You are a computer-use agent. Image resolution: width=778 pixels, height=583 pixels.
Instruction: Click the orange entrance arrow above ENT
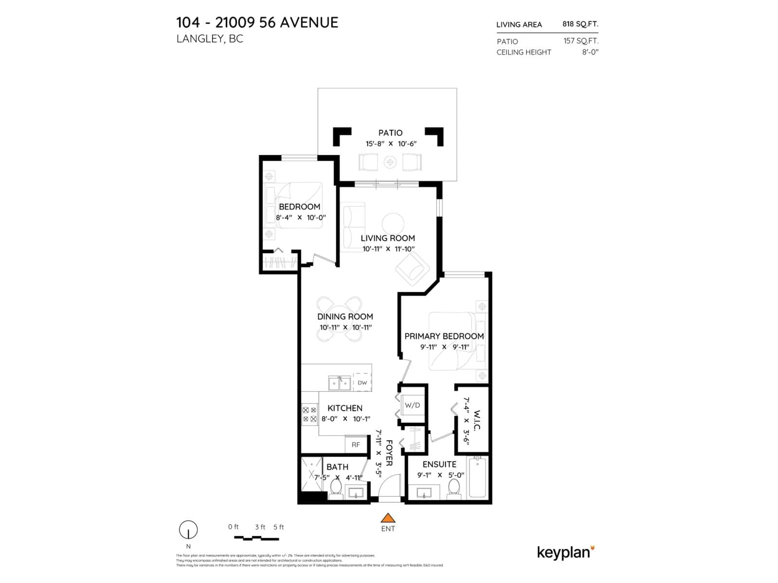click(x=388, y=518)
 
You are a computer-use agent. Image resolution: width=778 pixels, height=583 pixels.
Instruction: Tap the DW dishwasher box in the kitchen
click(x=362, y=383)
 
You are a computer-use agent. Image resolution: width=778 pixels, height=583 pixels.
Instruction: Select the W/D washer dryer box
click(x=412, y=405)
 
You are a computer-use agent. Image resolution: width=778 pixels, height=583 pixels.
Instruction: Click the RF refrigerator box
click(x=356, y=445)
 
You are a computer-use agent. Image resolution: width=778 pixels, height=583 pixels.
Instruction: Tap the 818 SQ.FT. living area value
click(x=580, y=24)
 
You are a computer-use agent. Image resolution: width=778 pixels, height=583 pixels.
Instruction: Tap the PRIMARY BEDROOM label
click(x=444, y=336)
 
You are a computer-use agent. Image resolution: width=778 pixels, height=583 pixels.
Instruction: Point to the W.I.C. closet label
click(x=477, y=420)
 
